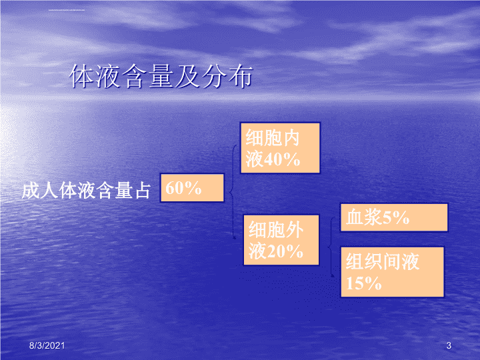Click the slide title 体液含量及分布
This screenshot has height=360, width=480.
161,76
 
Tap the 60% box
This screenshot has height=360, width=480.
192,187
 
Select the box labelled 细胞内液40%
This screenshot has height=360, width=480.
280,148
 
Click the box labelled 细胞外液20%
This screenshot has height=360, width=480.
281,240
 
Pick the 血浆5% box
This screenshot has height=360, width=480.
394,217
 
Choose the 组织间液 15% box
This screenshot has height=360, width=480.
392,272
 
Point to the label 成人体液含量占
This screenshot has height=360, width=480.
86,190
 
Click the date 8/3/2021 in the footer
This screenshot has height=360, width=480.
47,345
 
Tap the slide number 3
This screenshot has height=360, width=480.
449,345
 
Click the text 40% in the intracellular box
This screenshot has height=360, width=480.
282,159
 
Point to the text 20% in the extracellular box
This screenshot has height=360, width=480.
285,251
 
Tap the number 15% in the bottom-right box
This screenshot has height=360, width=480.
364,283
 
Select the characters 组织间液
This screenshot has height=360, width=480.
383,261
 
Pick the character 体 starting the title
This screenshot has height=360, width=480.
81,76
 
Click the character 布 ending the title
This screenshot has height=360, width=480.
241,76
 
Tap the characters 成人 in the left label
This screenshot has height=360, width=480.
40,190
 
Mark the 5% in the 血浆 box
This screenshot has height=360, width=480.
396,217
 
